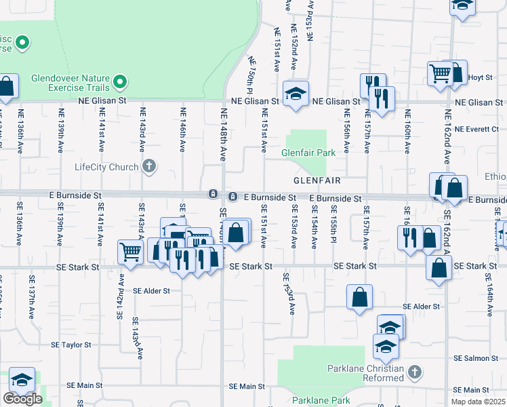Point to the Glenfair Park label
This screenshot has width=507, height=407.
309,153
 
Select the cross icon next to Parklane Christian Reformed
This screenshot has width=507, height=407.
415,372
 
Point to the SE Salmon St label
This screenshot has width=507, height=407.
476,357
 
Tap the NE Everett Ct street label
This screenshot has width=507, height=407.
476,130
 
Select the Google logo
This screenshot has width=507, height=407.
22,399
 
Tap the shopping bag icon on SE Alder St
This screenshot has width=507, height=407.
359,296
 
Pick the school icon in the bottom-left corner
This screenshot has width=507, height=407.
22,380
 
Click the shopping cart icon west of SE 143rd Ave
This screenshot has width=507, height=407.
130,251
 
